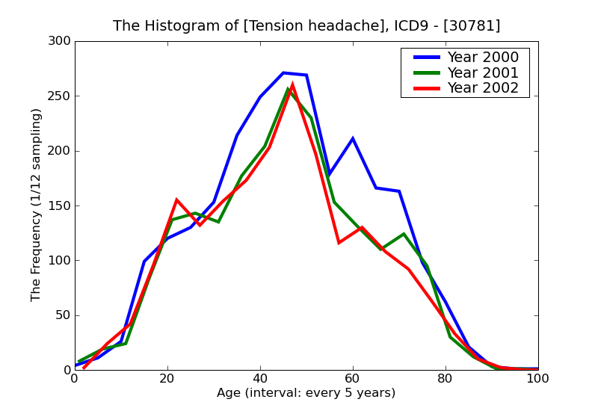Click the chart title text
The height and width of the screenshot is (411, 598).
click(306, 26)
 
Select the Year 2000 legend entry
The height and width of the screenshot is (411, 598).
click(482, 58)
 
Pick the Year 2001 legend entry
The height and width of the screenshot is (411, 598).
click(482, 72)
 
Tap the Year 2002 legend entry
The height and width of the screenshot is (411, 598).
click(482, 88)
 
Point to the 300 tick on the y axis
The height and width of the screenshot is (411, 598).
click(60, 42)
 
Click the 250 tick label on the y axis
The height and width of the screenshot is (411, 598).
click(60, 96)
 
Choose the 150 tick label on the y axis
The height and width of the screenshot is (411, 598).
click(60, 205)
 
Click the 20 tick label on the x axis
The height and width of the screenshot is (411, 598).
click(167, 379)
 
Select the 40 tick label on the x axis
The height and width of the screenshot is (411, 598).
click(260, 379)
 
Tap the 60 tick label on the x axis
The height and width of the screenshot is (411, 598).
click(353, 379)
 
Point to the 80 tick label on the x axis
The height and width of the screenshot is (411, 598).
click(446, 379)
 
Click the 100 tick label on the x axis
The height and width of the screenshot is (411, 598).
click(537, 379)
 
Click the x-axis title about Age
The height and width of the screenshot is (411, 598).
click(306, 393)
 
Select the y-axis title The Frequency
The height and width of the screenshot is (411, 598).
click(37, 205)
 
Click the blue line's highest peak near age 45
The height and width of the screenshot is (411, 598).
click(283, 73)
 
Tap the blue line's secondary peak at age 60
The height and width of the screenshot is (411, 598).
click(353, 138)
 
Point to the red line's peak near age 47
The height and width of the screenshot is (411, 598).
click(292, 84)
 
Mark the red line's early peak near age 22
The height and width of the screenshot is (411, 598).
click(176, 200)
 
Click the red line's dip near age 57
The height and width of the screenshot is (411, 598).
click(339, 243)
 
